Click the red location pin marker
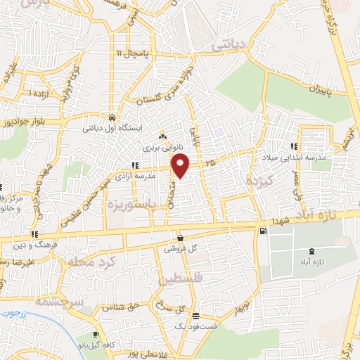click(181, 166)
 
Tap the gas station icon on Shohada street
click(263, 231)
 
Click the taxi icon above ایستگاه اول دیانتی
click(112, 117)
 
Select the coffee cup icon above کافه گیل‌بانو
click(96, 335)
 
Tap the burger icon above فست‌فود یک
click(195, 316)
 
